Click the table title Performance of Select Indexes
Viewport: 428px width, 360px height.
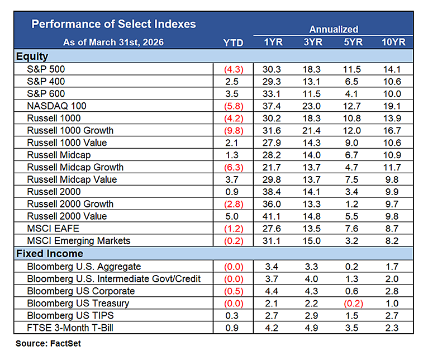click(113, 24)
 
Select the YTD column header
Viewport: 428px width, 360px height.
click(233, 42)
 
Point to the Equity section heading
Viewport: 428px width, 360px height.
click(32, 56)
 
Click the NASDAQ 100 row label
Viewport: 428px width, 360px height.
click(56, 106)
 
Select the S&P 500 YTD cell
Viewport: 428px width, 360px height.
click(233, 69)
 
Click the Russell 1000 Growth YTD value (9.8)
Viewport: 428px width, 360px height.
click(233, 130)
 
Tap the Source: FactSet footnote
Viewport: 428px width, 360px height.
click(48, 343)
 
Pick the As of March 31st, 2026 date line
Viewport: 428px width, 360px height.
click(114, 42)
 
